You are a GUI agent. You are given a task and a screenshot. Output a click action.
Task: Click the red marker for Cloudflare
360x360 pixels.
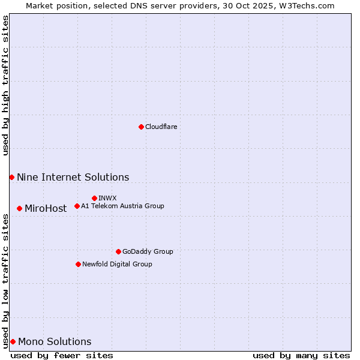[141, 127]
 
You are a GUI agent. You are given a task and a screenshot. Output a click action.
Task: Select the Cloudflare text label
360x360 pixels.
[161, 127]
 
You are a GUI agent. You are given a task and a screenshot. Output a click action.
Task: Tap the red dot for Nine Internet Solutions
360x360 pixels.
[11, 177]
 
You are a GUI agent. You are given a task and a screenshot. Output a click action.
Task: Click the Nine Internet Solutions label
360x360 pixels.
[73, 177]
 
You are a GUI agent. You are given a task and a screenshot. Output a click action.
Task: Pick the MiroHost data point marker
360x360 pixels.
[19, 208]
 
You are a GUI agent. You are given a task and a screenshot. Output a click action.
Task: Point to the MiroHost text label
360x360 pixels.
[46, 209]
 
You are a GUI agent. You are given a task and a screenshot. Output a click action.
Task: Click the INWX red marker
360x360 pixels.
[94, 198]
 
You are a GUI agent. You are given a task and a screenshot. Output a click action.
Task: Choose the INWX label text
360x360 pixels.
[107, 198]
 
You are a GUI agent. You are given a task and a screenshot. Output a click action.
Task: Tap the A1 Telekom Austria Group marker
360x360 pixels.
[77, 206]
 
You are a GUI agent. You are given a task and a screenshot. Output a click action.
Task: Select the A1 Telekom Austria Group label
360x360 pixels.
[122, 206]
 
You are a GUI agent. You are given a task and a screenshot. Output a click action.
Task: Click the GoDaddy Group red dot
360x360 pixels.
[118, 251]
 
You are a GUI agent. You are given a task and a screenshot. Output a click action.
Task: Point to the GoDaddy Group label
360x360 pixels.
[147, 251]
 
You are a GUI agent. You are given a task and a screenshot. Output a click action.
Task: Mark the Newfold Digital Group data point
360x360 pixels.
[78, 264]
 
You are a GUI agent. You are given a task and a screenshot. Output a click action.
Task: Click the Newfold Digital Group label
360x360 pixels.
[117, 264]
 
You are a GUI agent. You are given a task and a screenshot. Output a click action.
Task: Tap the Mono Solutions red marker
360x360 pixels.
[13, 341]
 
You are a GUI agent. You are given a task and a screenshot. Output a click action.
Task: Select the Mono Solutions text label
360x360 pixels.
[55, 342]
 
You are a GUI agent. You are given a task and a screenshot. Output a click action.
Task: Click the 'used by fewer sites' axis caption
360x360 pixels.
[62, 355]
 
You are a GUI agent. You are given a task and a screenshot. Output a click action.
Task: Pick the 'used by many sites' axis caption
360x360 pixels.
[301, 355]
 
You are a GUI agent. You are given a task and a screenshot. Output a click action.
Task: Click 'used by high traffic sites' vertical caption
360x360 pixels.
[5, 85]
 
